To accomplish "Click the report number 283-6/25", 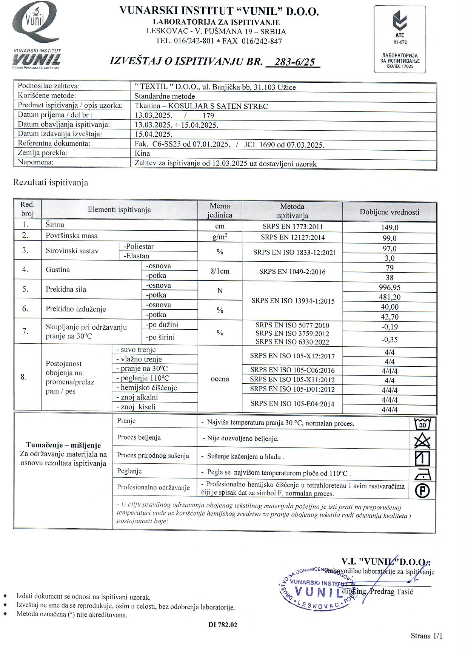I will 295,62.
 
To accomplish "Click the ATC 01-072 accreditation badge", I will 400,39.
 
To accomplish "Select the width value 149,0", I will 389,227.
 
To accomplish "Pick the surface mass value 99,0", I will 389,238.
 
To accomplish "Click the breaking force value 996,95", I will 389,287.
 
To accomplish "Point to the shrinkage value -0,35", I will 389,339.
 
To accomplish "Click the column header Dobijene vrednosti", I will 389,212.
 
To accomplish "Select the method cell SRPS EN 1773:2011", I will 292,227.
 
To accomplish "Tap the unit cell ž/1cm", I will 220,271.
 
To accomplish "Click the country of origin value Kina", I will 142,153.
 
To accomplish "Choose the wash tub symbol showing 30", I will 422,424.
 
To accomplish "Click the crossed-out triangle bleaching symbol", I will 422,441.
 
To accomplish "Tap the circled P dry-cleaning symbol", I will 422,491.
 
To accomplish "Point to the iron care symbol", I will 422,474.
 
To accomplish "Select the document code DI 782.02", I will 223,625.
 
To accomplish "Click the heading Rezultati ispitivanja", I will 51,182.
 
